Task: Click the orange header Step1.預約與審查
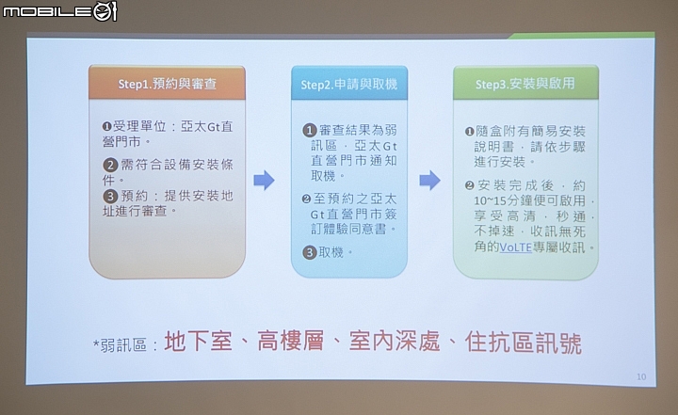167,83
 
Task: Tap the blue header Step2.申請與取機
349,84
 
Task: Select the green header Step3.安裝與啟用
525,83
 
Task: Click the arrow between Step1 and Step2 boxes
265,181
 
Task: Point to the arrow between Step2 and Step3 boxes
429,181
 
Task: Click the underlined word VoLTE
515,247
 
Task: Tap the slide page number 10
641,377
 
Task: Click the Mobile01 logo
59,11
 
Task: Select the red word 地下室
198,342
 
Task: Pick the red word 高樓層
291,341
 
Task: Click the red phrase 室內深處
395,342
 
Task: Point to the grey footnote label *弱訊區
120,345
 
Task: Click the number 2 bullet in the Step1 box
110,165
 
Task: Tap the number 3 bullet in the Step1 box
110,197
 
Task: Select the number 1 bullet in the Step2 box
310,130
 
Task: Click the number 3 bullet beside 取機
310,252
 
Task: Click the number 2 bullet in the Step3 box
470,186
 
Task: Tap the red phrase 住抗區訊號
524,343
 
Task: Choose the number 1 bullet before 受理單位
106,127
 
